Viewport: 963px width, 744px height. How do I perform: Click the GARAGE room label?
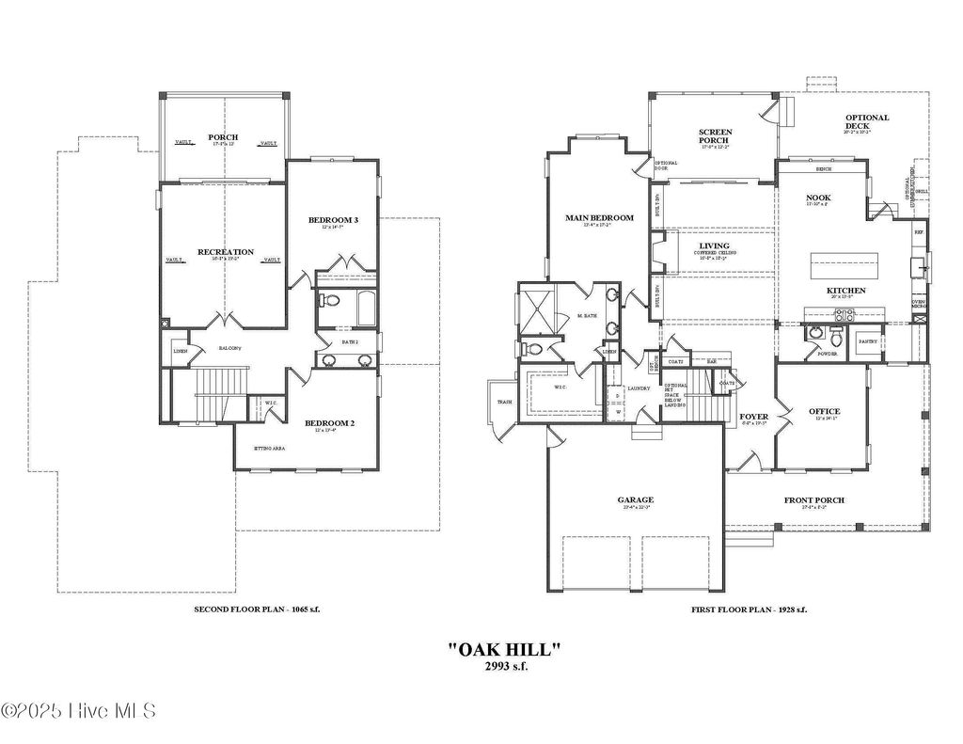635,500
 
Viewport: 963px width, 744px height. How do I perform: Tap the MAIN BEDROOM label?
599,218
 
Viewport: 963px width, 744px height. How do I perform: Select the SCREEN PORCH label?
716,138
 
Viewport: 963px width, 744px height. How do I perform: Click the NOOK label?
818,198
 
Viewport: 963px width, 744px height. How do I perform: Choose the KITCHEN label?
845,291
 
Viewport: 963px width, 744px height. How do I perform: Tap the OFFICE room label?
824,412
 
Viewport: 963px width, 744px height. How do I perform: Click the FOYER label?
753,416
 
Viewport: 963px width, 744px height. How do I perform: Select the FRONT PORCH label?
813,500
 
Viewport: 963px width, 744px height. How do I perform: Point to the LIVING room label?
714,245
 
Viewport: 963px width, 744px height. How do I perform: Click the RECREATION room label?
225,252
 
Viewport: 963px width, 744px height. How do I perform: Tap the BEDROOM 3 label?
333,220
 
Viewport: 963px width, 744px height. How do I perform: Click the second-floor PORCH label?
223,137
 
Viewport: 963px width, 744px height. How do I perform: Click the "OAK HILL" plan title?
504,648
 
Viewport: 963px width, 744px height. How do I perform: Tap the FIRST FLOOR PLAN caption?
748,609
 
